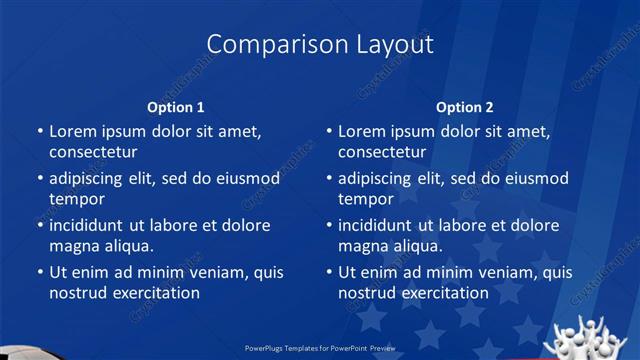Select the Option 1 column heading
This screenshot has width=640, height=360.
175,106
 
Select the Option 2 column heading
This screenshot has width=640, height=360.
465,106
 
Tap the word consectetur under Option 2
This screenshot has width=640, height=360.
382,152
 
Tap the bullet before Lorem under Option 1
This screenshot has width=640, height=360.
39,132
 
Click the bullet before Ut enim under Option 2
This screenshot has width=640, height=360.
329,272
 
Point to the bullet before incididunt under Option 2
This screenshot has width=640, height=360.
329,225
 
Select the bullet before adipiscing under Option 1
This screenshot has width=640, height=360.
39,179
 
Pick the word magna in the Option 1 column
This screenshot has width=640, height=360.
73,245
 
